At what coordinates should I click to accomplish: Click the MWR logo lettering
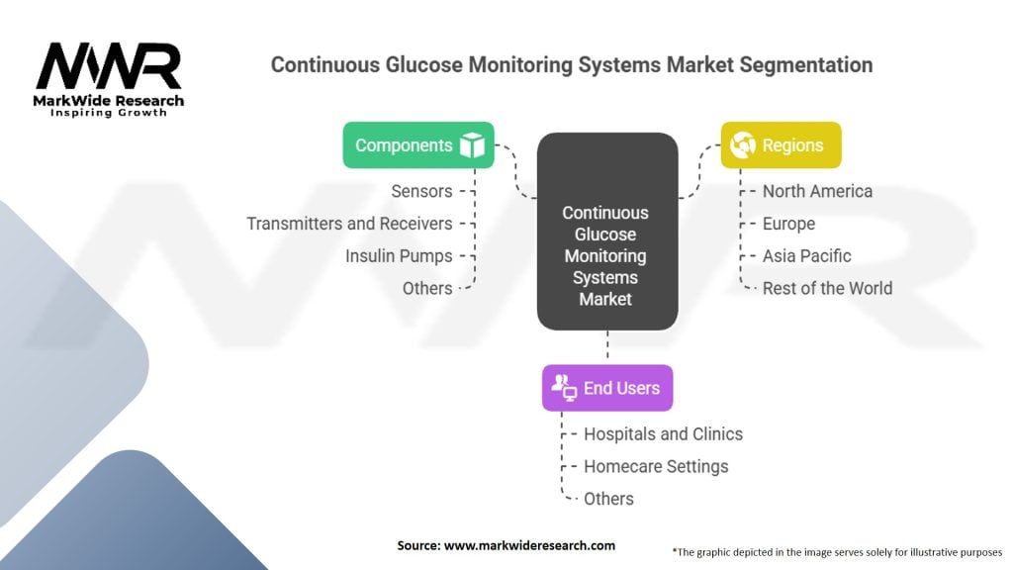point(109,67)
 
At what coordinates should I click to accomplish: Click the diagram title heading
point(572,65)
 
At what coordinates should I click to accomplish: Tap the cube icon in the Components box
point(472,145)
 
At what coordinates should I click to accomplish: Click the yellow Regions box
point(781,144)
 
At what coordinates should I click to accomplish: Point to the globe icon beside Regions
point(742,145)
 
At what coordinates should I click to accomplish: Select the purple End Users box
point(606,388)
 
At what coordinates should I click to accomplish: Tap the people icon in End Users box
point(564,387)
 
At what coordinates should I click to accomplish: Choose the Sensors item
point(421,191)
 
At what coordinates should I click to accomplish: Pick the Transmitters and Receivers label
point(349,224)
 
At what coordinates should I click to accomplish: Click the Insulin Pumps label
point(399,255)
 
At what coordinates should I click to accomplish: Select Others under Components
point(427,288)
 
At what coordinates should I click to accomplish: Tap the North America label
point(817,191)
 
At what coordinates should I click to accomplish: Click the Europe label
point(788,224)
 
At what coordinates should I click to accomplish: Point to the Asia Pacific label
point(806,255)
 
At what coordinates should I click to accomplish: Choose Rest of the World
point(827,288)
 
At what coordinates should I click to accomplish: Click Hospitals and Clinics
point(663,433)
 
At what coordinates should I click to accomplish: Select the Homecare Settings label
point(656,466)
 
